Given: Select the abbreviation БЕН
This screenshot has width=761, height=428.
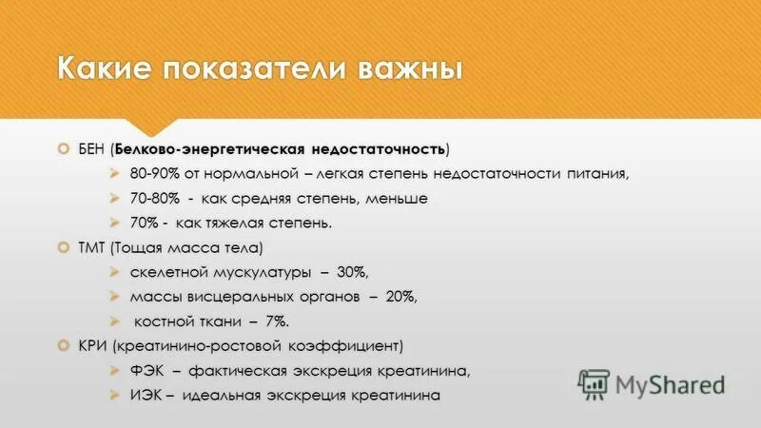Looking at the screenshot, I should click(x=92, y=149).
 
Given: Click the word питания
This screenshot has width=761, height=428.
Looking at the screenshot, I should click(x=592, y=174).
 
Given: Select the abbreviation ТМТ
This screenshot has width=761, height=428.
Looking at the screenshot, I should click(x=91, y=248).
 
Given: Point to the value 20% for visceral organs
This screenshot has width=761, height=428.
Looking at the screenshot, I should click(x=400, y=297).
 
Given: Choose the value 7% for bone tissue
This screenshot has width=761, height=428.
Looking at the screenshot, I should click(x=275, y=321).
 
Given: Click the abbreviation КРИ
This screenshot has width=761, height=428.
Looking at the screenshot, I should click(x=91, y=345).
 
